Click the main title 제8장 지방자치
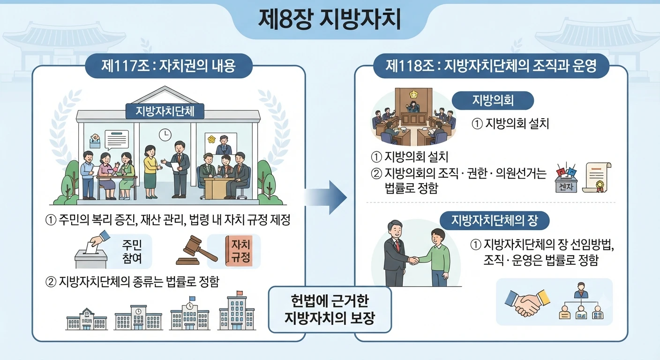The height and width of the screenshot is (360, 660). pos(330,19)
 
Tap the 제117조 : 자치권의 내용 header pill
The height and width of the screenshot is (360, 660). pos(169,66)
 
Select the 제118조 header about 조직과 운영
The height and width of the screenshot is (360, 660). pos(491,66)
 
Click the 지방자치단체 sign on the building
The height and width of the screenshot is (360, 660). pos(165,112)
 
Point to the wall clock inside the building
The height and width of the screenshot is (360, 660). pos(165,135)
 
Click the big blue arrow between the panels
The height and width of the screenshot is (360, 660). pos(326,197)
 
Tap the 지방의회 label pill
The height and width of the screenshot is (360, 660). pos(493,100)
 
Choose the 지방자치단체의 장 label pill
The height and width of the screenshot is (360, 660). pos(495,220)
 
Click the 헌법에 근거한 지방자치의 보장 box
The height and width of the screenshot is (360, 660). pos(330,310)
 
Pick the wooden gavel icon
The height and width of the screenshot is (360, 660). pos(196,250)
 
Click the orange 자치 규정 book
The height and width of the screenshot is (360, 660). pos(239,251)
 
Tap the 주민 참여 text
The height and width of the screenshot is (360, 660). pos(132,251)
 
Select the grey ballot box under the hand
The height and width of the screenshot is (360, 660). pos(91,258)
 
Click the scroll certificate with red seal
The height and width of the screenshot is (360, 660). pos(597,178)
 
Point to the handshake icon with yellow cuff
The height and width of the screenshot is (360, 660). pos(527,302)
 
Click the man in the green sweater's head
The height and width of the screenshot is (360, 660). pos(438,237)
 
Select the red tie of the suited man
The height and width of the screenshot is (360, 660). pos(398,246)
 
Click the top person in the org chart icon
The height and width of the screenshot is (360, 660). pos(581,290)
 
